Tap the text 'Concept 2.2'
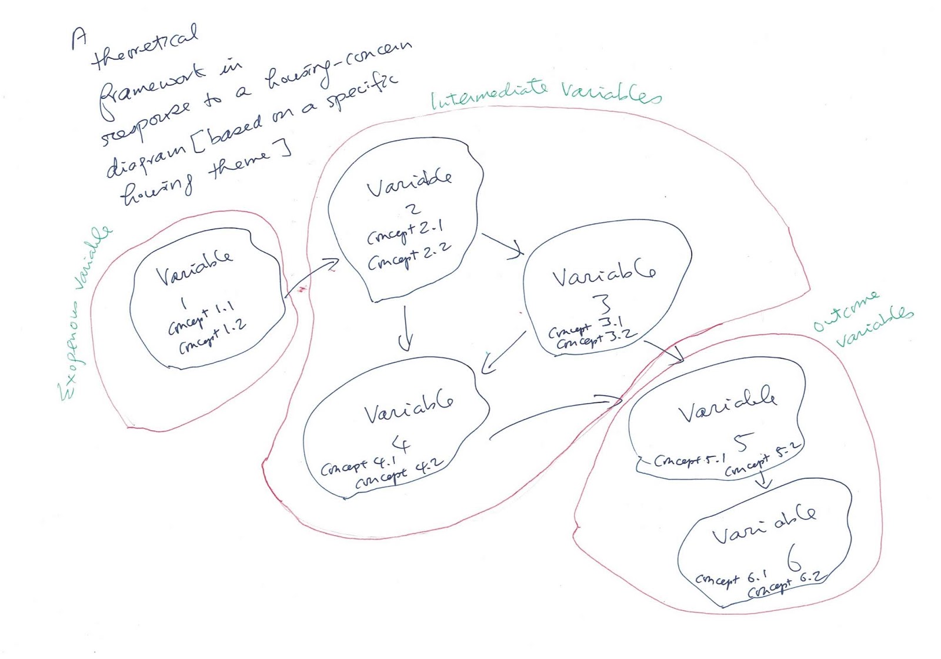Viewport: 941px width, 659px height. [409, 257]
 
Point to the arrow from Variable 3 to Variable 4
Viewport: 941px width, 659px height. [503, 352]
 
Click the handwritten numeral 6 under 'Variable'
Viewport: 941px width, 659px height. [793, 557]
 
